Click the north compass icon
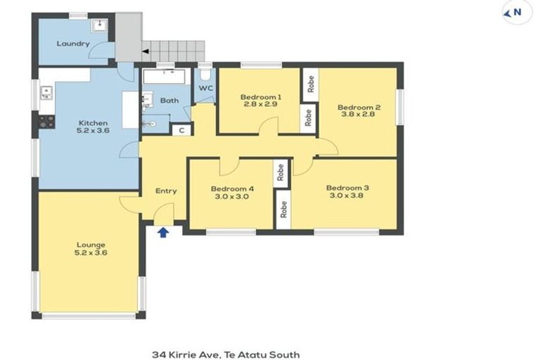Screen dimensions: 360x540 (x=517, y=12)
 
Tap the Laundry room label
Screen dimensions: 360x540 (x=73, y=44)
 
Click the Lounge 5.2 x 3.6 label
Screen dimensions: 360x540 (x=91, y=248)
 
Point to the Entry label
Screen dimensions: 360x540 (x=166, y=191)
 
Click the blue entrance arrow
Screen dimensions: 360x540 (x=163, y=231)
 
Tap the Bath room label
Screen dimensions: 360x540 (x=169, y=101)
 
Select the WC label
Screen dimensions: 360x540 (x=205, y=88)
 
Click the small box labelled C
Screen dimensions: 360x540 (x=181, y=130)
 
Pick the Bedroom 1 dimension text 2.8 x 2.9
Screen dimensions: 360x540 (x=260, y=104)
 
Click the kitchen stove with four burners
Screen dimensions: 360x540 (x=46, y=121)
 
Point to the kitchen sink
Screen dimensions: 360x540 (x=46, y=92)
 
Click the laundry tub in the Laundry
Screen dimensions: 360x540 (x=98, y=26)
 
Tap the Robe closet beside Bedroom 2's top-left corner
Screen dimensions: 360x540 (x=310, y=83)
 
